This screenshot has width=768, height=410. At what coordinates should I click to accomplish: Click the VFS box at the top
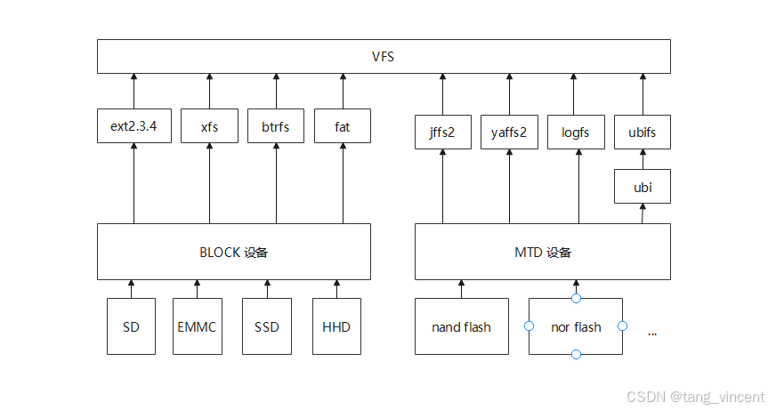[383, 57]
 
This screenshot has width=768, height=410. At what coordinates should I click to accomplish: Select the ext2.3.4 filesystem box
[133, 126]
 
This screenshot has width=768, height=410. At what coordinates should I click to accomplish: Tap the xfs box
[209, 126]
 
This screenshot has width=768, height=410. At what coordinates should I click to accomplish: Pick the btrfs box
[275, 126]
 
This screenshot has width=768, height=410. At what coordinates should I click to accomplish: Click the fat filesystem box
[342, 126]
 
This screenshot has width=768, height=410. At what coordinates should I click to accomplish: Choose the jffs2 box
[441, 133]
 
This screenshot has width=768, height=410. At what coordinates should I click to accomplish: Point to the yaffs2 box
[509, 133]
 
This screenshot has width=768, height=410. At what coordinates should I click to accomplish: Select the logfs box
[576, 133]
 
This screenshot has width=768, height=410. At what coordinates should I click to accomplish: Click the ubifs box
[642, 133]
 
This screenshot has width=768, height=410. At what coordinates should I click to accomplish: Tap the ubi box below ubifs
[642, 187]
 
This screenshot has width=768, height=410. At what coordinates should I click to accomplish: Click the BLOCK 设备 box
[234, 252]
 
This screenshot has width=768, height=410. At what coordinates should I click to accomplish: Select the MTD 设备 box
[543, 252]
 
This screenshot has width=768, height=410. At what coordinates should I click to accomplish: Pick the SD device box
[131, 326]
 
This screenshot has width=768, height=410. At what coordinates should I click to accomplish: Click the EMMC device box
[197, 326]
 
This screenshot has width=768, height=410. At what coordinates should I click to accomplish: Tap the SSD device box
[266, 326]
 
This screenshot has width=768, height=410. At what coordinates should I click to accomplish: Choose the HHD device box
[336, 326]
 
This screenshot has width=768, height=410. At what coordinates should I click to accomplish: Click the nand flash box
[461, 326]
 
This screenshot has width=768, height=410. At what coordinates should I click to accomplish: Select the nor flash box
[576, 326]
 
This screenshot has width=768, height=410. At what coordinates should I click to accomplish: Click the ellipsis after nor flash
[652, 332]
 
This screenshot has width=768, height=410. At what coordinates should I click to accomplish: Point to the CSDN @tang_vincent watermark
[694, 397]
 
